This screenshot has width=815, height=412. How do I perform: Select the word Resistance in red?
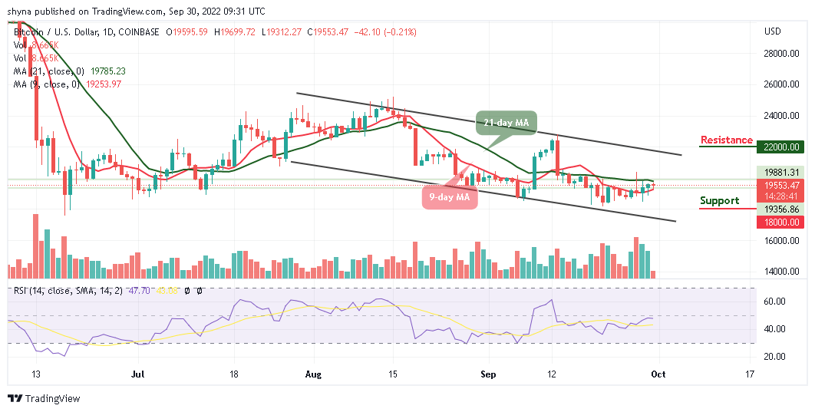(x=726, y=140)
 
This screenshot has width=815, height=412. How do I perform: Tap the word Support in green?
(x=719, y=201)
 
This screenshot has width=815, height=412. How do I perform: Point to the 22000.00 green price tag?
(x=782, y=147)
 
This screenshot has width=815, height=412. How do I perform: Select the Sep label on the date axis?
(x=487, y=374)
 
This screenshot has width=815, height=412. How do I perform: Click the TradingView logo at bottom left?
(x=44, y=399)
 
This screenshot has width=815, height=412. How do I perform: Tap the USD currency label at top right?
(x=773, y=32)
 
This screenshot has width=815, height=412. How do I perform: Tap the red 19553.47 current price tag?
(x=782, y=186)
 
